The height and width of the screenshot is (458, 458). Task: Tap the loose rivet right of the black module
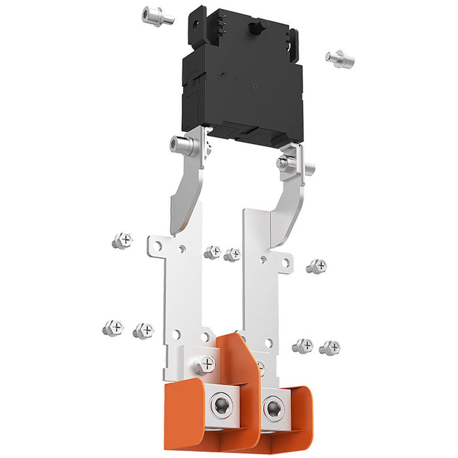point(340,58)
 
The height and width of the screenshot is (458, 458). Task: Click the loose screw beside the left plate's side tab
point(122,241)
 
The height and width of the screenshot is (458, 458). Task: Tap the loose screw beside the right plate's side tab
point(317,266)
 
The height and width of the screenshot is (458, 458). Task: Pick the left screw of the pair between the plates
point(212,252)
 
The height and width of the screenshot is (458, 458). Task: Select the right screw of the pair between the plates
point(232,255)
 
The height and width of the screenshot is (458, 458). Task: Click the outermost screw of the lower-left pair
point(113,327)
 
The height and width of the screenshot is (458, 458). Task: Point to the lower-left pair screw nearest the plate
point(143,330)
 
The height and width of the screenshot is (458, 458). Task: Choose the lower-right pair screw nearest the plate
point(302,345)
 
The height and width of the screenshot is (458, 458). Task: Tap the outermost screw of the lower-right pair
point(330,347)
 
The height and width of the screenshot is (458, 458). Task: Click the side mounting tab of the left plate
point(158,247)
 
